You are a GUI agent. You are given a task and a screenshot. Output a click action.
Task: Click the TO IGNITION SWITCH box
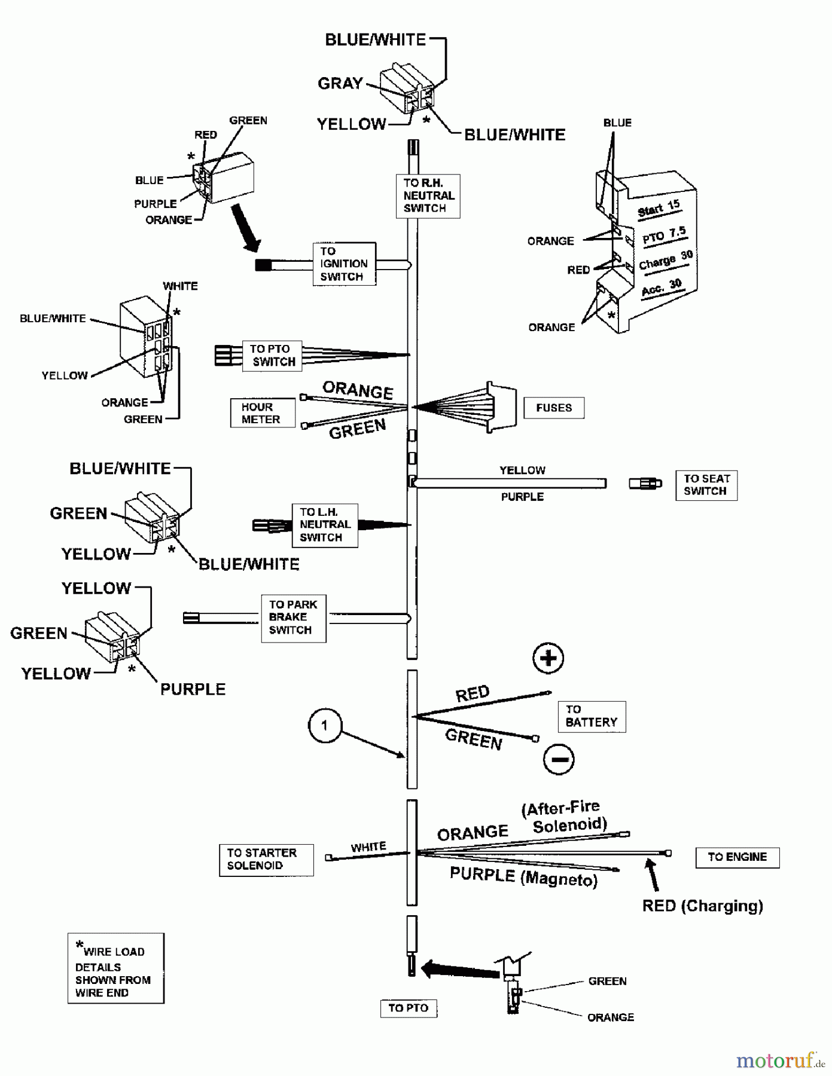344,264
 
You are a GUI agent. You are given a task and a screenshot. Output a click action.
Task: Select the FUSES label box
554,408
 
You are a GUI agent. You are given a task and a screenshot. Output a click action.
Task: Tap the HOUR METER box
263,413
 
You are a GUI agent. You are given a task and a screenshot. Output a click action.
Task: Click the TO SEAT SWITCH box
706,485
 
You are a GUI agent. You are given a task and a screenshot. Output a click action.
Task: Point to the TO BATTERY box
591,716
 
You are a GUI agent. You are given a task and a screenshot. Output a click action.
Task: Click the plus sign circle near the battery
548,658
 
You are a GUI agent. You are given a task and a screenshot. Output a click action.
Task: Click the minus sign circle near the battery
559,759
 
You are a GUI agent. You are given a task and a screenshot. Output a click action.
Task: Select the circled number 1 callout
325,726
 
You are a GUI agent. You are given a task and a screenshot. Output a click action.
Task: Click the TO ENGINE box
737,857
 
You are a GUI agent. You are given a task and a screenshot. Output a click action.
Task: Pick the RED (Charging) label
702,906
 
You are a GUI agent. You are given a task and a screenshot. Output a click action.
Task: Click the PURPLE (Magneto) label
523,877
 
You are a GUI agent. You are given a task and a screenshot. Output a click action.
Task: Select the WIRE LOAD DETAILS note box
115,968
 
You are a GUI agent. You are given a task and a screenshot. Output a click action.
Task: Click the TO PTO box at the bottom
409,1008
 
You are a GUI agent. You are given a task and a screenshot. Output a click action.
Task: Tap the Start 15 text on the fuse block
659,209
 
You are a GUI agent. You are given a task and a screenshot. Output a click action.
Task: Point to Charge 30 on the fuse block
665,261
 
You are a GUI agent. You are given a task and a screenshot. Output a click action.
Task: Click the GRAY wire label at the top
340,83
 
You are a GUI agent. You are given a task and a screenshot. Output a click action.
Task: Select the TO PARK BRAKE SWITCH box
293,618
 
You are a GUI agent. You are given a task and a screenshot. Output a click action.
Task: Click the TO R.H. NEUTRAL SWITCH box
428,195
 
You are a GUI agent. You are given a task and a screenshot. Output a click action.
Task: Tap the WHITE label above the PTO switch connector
180,286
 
